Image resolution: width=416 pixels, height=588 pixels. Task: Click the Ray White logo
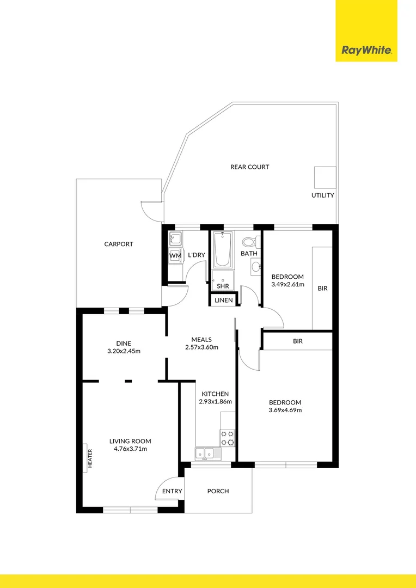(x=366, y=51)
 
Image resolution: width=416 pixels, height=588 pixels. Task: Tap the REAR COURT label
(x=249, y=167)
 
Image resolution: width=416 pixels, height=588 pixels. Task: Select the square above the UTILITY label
(x=323, y=177)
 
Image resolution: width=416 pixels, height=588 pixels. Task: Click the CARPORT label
(x=119, y=244)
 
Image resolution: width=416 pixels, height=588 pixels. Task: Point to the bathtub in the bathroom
(x=222, y=250)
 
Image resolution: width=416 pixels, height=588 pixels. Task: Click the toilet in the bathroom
(x=249, y=241)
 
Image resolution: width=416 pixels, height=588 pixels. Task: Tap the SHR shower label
(x=223, y=286)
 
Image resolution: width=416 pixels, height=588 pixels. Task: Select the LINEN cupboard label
(x=223, y=301)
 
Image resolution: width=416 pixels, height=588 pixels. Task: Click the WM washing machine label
(x=174, y=255)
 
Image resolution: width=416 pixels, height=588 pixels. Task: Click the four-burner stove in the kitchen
(x=227, y=437)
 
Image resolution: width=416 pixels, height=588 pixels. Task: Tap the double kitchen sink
(x=205, y=452)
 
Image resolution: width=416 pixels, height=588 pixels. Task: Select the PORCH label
(x=218, y=491)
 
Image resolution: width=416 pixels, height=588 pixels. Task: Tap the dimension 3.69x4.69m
(x=285, y=410)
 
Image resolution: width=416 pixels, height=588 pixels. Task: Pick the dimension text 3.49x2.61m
(x=287, y=284)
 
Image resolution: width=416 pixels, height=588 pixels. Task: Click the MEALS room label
(x=201, y=340)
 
